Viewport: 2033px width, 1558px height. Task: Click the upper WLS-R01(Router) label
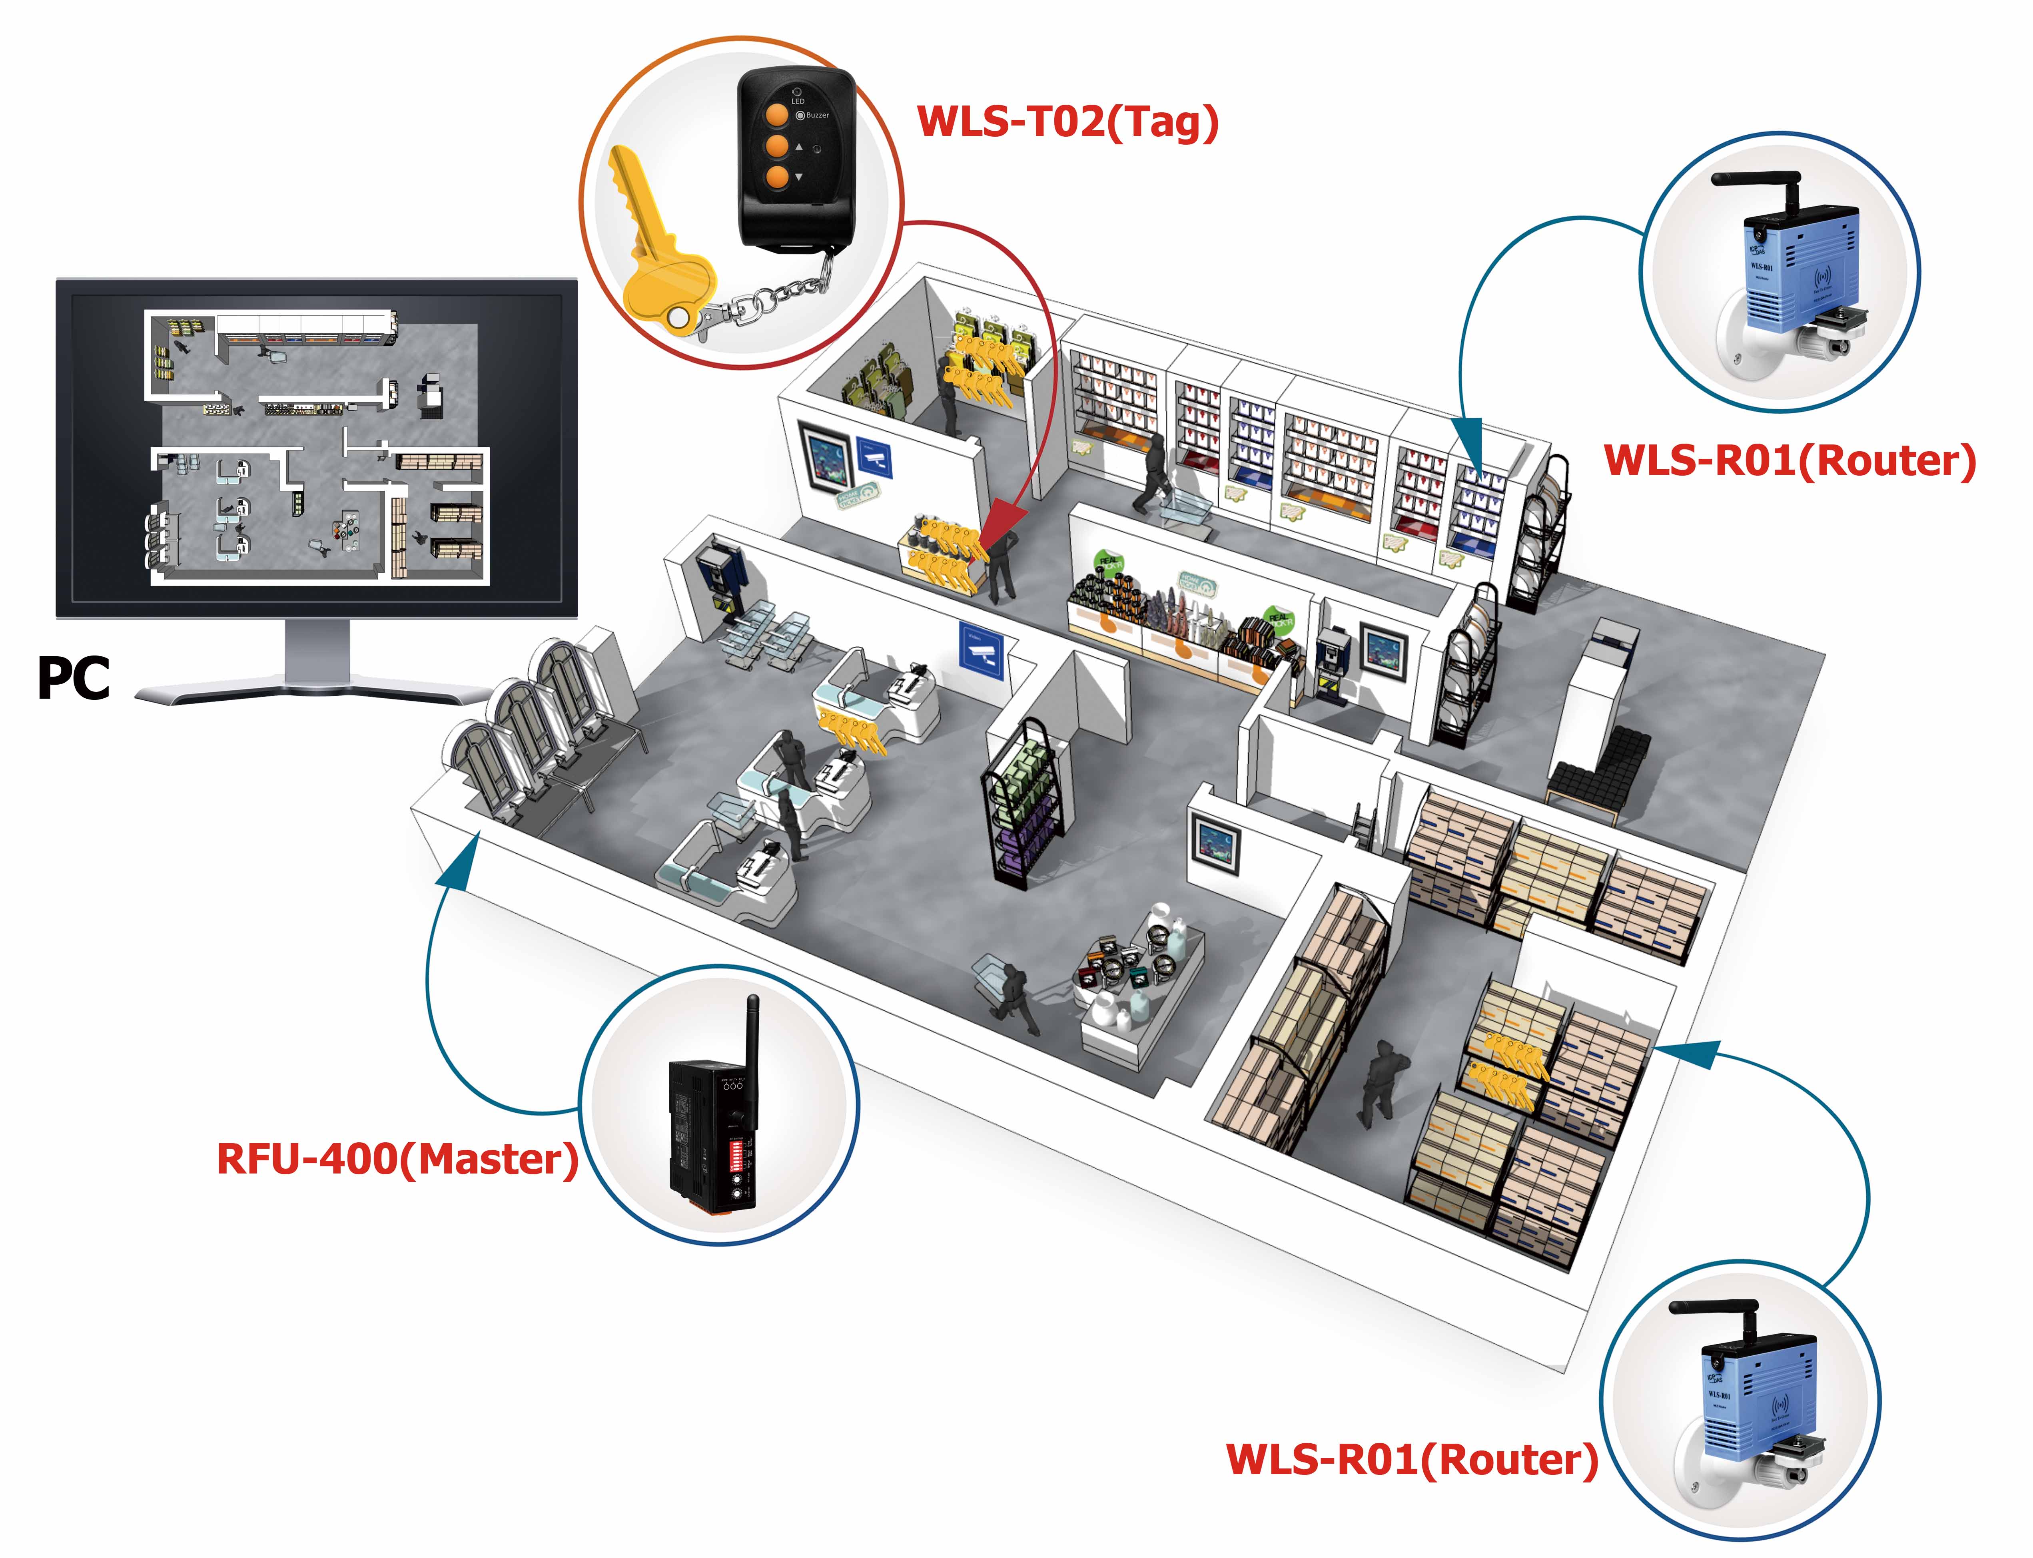[x=1790, y=461]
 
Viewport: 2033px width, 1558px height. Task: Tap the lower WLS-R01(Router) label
[x=1412, y=1460]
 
